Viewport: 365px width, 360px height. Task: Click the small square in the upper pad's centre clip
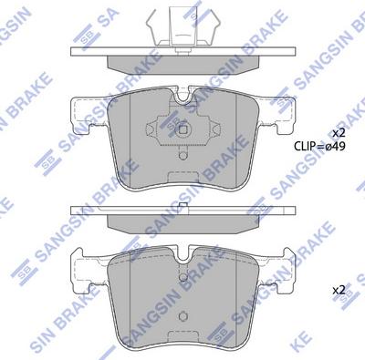[183, 129]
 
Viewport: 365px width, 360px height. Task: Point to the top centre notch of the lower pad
[183, 252]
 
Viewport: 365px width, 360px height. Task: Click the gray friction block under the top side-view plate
[182, 67]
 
